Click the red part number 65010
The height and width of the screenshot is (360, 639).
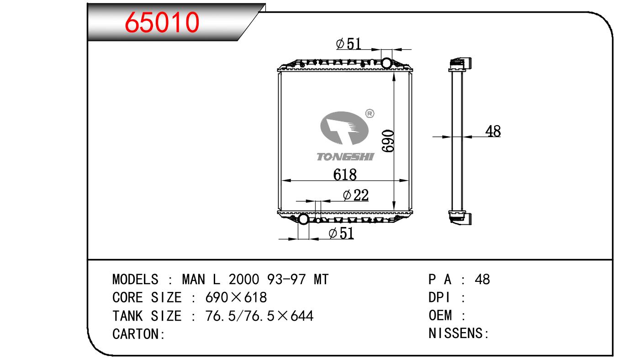162,22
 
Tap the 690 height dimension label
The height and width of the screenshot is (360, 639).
388,141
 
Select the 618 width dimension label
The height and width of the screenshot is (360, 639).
345,175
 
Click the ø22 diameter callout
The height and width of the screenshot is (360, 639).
356,195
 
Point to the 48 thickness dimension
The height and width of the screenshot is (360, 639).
493,131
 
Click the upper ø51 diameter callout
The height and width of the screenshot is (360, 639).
349,44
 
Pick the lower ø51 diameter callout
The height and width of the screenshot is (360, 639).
342,233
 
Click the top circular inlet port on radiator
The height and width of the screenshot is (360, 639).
386,63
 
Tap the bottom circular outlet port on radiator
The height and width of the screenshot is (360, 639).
303,219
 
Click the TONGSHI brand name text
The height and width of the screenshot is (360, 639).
345,157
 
